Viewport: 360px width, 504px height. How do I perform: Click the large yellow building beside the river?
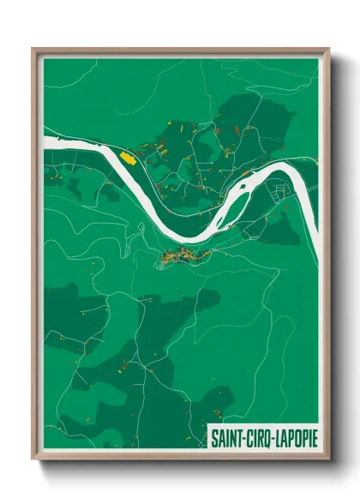[x=128, y=158]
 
